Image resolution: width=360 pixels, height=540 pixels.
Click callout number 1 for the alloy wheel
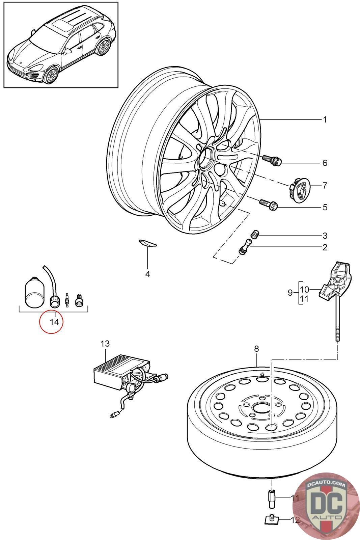coord(324,119)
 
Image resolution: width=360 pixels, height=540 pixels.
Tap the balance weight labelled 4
coord(148,243)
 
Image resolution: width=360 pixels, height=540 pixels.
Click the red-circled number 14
coord(54,322)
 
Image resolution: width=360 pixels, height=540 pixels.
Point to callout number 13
coord(105,343)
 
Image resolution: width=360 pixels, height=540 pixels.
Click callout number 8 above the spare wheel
coord(256,349)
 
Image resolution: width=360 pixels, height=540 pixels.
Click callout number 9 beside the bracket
coord(290,293)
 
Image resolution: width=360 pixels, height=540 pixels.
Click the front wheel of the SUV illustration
coord(51,76)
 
